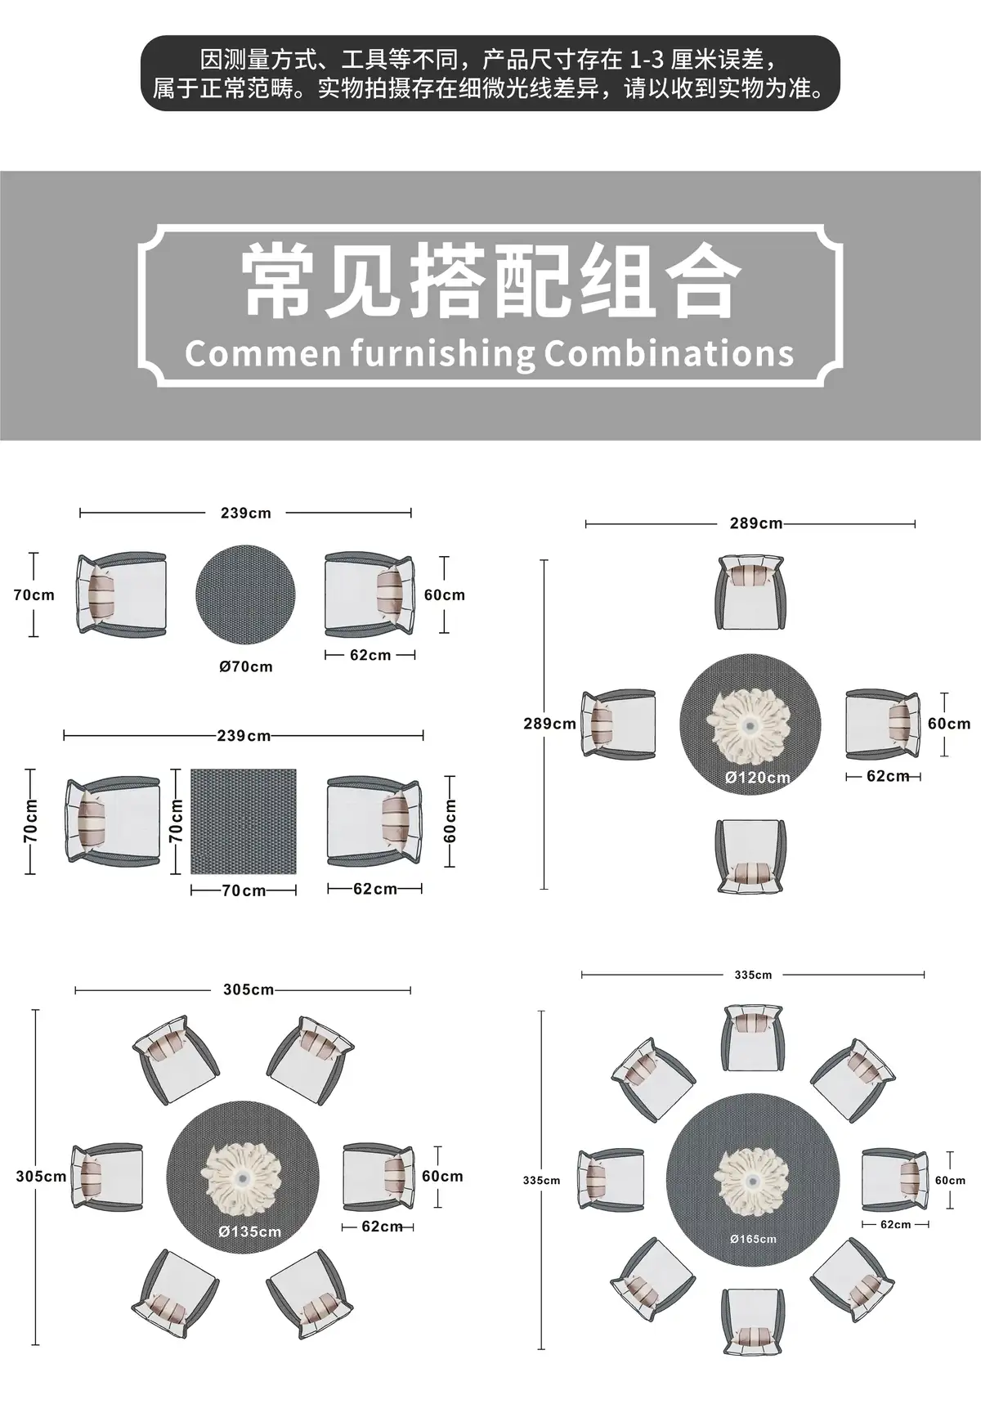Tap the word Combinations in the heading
click(x=669, y=353)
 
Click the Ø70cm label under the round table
click(x=246, y=666)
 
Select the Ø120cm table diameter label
click(x=758, y=778)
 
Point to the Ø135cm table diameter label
click(x=250, y=1231)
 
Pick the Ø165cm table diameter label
click(x=754, y=1239)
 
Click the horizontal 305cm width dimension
click(x=249, y=989)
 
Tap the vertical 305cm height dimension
click(x=41, y=1177)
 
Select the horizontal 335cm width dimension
click(x=753, y=975)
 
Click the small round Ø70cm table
click(x=246, y=595)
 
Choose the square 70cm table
click(x=244, y=821)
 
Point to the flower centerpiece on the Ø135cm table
click(x=243, y=1177)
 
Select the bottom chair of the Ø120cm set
click(x=750, y=856)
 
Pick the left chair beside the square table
click(x=114, y=821)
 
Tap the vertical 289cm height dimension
click(x=549, y=724)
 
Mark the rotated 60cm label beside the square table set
click(x=450, y=821)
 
